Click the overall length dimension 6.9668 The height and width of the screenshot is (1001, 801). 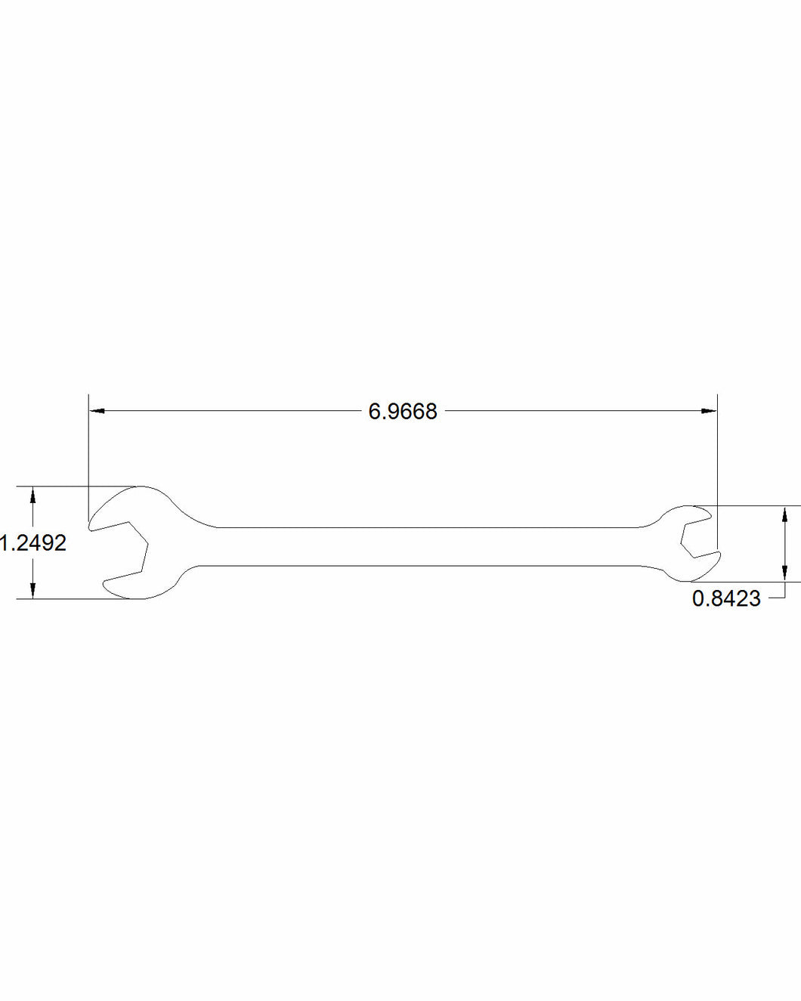point(402,412)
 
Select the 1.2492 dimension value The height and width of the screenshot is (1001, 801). point(33,542)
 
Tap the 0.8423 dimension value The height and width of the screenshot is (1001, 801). point(726,599)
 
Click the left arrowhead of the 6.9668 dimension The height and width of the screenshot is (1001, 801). point(97,411)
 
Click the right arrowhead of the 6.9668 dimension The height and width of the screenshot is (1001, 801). point(708,411)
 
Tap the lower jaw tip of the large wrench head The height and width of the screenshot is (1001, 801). point(107,585)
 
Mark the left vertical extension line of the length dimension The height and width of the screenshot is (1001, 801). point(88,453)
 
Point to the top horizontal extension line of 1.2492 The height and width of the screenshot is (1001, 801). point(76,486)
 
